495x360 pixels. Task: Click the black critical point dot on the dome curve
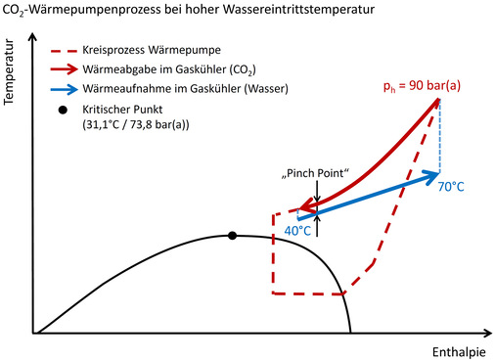pos(232,235)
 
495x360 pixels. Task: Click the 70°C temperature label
pos(452,183)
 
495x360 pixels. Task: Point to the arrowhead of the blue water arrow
pos(433,175)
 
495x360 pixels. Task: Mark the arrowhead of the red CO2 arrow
pos(305,207)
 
